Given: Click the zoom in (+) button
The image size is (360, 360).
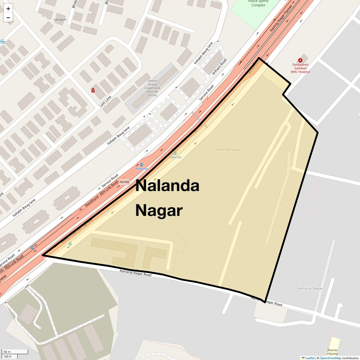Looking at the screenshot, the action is pyautogui.click(x=8, y=9).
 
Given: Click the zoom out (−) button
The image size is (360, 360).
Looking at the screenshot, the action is pyautogui.click(x=8, y=17).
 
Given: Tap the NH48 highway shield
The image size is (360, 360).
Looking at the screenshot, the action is pyautogui.click(x=124, y=182).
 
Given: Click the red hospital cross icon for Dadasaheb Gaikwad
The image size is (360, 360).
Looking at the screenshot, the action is pyautogui.click(x=300, y=60).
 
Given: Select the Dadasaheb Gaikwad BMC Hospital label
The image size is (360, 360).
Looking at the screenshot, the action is pyautogui.click(x=300, y=68).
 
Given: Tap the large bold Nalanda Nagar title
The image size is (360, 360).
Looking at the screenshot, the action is pyautogui.click(x=167, y=198).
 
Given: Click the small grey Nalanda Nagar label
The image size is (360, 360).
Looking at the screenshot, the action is pyautogui.click(x=229, y=149).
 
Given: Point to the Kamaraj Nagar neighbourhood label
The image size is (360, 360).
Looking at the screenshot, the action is pyautogui.click(x=310, y=288).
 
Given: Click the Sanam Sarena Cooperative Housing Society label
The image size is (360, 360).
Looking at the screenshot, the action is pyautogui.click(x=152, y=88).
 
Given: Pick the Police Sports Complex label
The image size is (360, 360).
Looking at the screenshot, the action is pyautogui.click(x=258, y=3).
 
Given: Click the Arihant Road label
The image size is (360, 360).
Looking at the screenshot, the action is pyautogui.click(x=219, y=67).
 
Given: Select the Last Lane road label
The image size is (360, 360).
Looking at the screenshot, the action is pyautogui.click(x=105, y=101).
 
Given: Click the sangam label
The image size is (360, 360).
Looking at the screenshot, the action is pyautogui.click(x=60, y=19).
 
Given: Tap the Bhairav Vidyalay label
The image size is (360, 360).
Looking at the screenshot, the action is pyautogui.click(x=332, y=352).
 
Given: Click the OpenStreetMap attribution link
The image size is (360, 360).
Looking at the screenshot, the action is pyautogui.click(x=330, y=358).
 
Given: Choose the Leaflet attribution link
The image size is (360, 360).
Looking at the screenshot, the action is pyautogui.click(x=310, y=358).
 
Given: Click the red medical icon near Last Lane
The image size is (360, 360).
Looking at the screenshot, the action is pyautogui.click(x=93, y=90).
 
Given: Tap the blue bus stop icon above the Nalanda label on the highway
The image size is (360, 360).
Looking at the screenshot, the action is pyautogui.click(x=142, y=164).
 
